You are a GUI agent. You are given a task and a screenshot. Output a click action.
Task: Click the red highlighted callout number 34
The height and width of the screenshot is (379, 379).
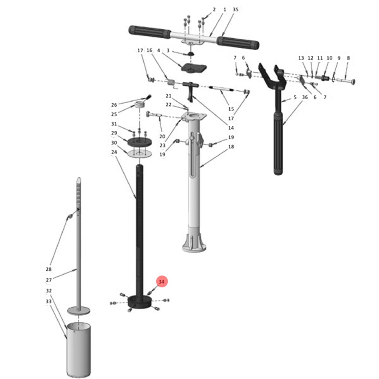pos(161,282)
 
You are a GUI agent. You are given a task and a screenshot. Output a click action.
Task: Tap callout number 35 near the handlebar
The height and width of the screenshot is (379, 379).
pos(235,9)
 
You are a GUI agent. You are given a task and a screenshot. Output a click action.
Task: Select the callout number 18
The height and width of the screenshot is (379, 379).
pos(231,147)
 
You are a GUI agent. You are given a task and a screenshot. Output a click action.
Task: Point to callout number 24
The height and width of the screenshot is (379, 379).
pos(114,152)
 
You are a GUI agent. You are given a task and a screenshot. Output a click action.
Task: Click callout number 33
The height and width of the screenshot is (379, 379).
pos(49,301)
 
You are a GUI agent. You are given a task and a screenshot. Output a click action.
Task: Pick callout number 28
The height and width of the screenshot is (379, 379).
pos(49,269)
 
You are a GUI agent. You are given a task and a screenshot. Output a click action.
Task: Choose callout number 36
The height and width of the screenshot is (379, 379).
pos(305,97)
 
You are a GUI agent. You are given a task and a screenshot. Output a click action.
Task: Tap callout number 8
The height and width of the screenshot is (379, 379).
pos(348,58)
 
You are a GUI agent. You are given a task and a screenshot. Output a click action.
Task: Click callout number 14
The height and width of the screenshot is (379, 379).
pos(231,128)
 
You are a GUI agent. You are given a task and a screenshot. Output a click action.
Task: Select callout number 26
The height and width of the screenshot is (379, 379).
pos(114,105)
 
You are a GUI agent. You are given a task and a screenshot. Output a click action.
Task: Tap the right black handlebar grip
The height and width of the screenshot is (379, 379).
pos(238,43)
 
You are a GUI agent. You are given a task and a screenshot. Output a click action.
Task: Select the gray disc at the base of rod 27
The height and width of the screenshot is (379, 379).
pos(78,310)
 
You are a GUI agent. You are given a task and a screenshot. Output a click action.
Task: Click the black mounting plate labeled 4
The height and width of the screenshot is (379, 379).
pos(194,68)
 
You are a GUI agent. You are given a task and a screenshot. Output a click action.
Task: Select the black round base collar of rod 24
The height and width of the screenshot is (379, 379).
pos(140,302)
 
